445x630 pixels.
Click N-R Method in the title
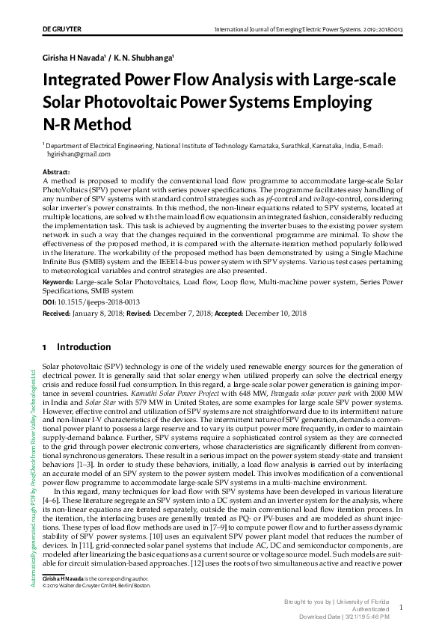(87, 123)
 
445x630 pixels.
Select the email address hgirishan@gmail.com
(79, 154)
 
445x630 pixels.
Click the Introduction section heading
(84, 348)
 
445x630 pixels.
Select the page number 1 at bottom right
(402, 608)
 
